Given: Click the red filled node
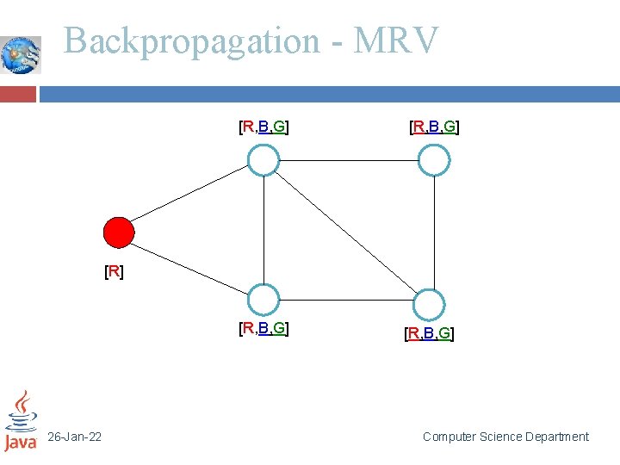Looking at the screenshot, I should coord(119,232).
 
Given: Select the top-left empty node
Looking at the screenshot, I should coord(263,160).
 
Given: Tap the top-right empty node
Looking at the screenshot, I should coord(434,160).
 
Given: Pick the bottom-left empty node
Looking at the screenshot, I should coord(263,300).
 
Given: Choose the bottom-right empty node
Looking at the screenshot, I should coord(428,305).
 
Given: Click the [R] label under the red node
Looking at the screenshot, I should coord(113,272).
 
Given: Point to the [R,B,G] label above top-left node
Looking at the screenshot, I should coord(263,128).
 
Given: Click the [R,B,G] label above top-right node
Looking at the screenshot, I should coord(433,128).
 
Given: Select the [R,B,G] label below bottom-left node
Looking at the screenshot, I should coord(263,328).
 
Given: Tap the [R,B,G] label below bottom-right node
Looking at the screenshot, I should coord(429,333).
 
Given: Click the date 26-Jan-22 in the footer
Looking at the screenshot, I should coord(74,437).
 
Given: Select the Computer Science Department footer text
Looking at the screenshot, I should coord(505,437).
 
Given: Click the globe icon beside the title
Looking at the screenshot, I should coord(21,54).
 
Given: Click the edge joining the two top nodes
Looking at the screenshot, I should coord(349,160).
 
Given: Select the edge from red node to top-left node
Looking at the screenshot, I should coord(191,196).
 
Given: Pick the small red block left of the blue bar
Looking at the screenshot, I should coord(18,94).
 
